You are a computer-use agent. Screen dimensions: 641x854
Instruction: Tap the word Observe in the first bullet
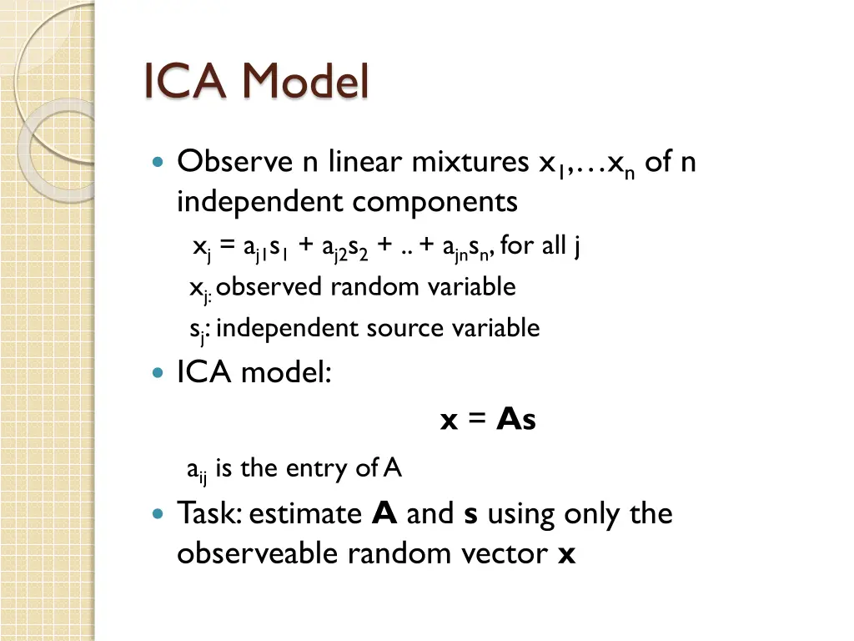coord(235,161)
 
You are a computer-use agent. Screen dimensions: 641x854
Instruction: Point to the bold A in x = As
coord(507,421)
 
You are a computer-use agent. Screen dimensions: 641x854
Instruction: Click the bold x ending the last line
coord(566,554)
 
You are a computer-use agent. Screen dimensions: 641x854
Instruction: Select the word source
coord(408,328)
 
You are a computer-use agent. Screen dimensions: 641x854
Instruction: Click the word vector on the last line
coord(505,553)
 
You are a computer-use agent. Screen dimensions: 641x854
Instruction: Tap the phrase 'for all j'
coord(540,246)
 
